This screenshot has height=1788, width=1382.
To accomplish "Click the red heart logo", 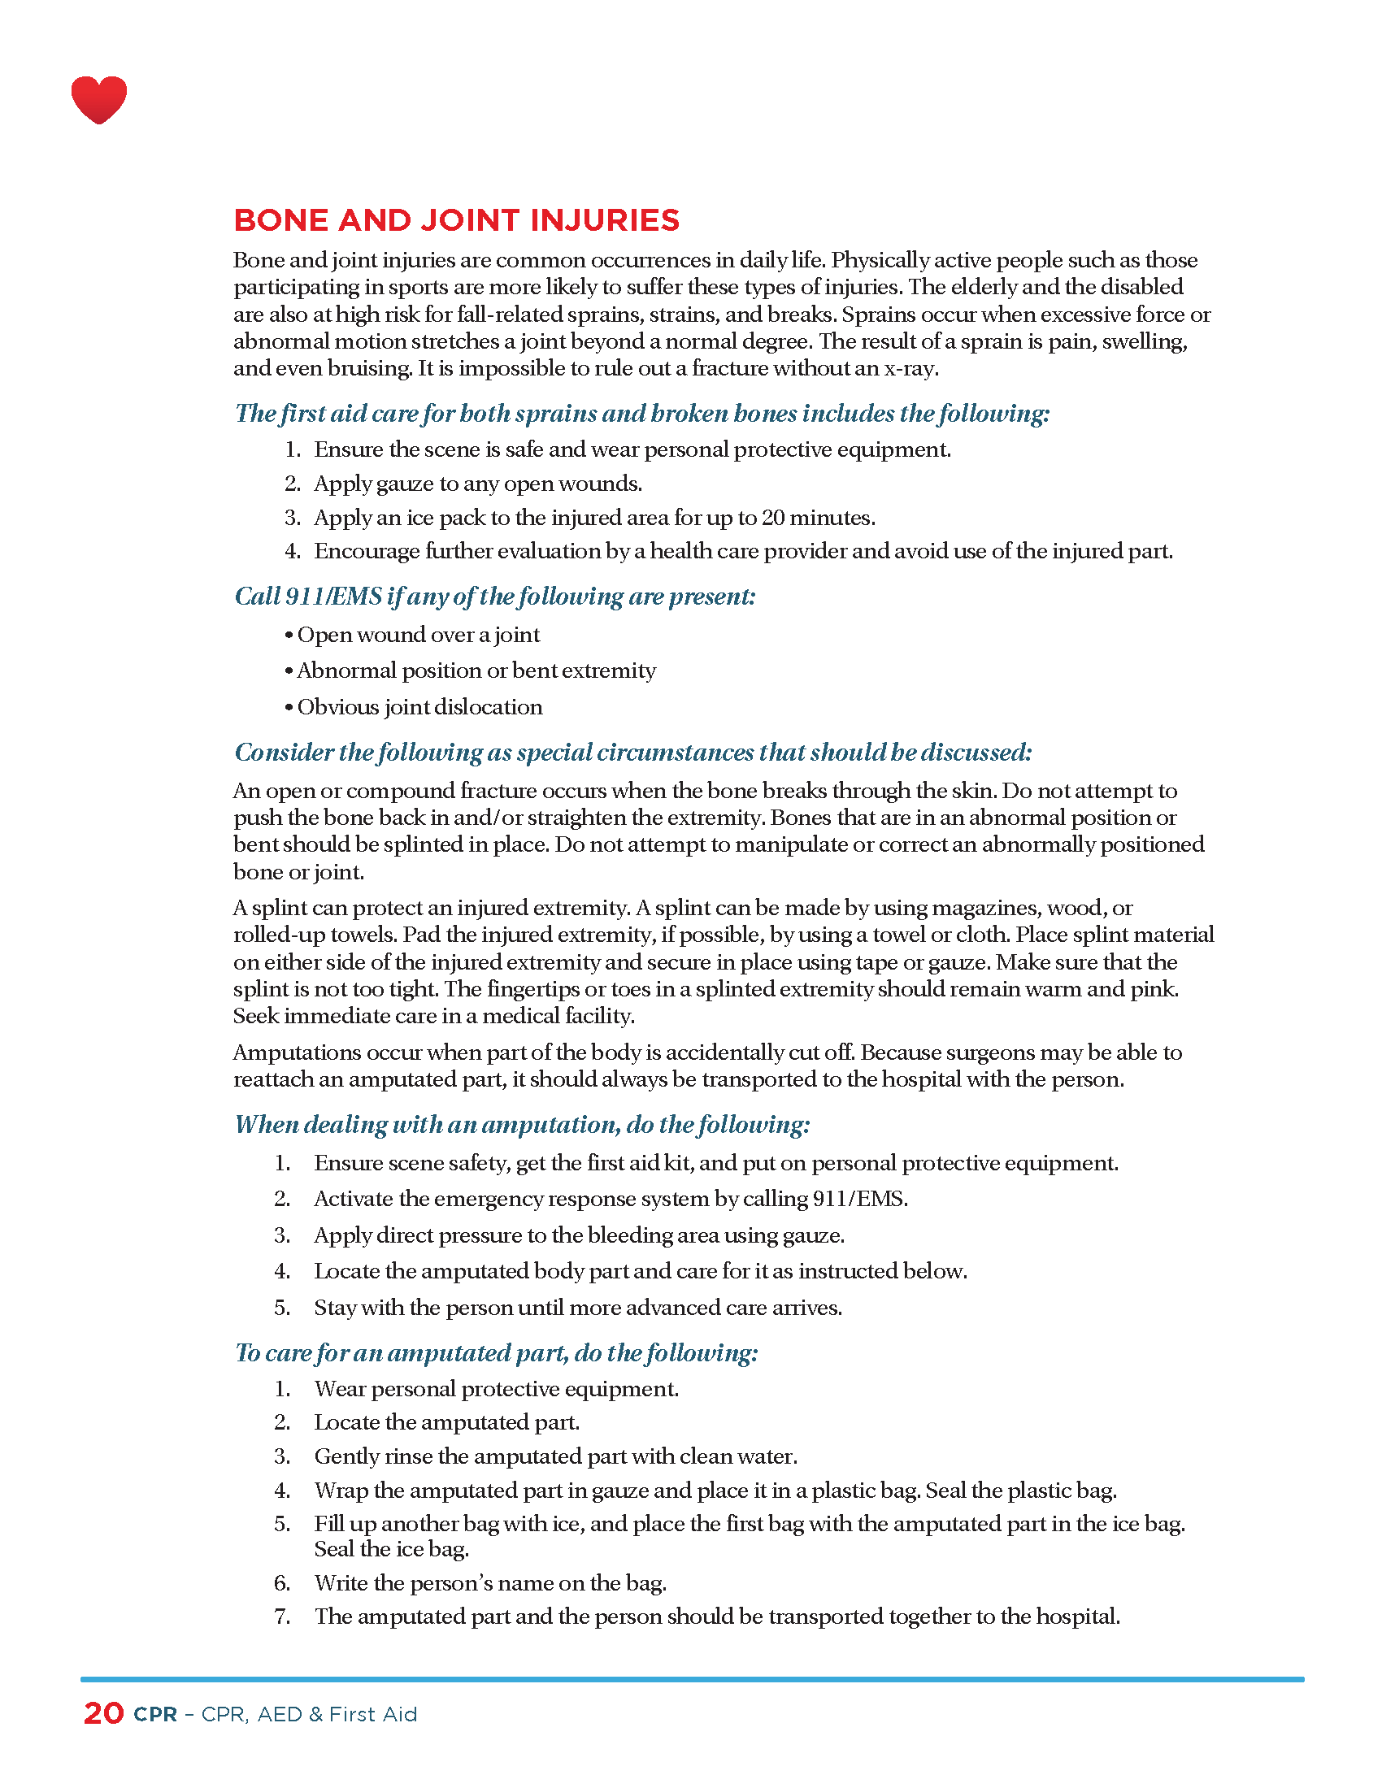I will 99,99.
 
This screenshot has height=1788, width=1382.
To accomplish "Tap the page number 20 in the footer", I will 104,1712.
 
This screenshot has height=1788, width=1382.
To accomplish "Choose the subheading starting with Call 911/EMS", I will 494,596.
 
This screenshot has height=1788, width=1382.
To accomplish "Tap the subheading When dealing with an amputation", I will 523,1124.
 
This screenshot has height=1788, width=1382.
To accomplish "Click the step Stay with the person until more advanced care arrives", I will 578,1308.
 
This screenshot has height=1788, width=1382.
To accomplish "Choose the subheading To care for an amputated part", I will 496,1352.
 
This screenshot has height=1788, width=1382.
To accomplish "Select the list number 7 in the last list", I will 281,1616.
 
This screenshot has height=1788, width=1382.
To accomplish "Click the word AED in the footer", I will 279,1714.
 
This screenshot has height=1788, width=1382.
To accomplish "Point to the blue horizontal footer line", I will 691,1679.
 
